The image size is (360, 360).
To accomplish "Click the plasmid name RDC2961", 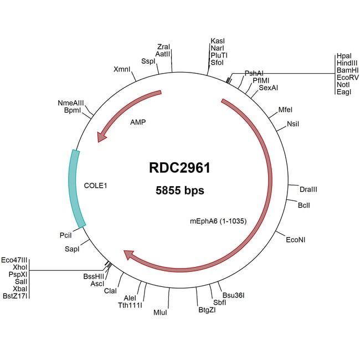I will click(x=180, y=168).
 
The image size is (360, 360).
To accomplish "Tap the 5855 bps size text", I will click(x=180, y=191).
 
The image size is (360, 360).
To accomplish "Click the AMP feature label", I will click(x=138, y=121).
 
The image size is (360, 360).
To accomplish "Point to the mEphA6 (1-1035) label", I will click(x=218, y=221).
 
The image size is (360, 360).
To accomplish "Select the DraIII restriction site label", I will click(x=308, y=189).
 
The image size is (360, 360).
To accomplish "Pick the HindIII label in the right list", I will click(x=347, y=64).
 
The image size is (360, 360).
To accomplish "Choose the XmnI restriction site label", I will click(x=122, y=70).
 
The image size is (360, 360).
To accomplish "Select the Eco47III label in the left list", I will click(x=15, y=259).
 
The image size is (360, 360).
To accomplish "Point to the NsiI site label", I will click(x=294, y=124).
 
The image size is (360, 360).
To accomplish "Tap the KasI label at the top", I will click(x=218, y=41).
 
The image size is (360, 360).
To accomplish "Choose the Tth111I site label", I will click(x=130, y=305).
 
